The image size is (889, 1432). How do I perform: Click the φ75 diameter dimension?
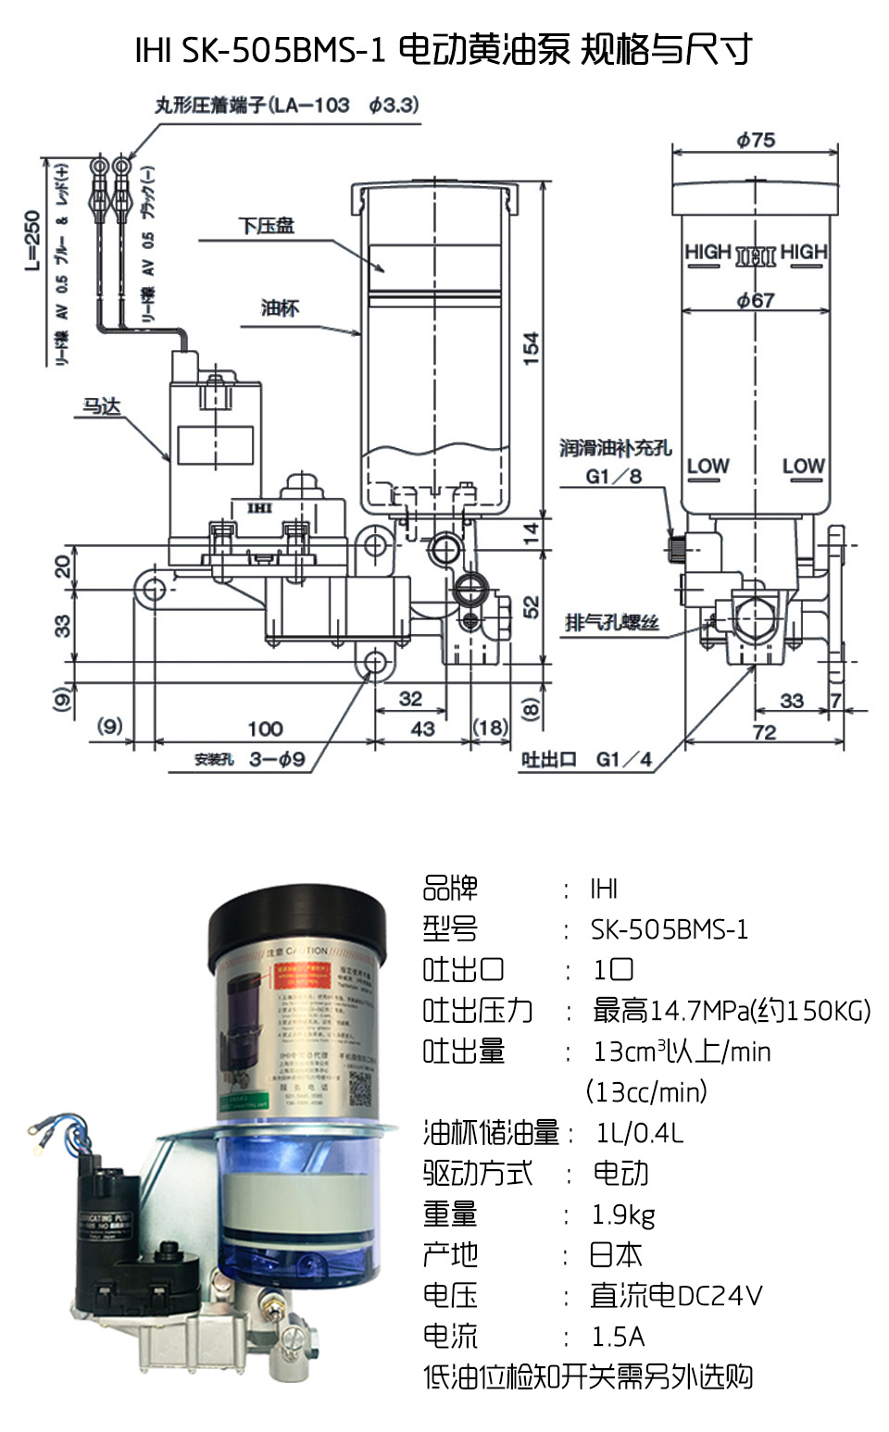pos(756,141)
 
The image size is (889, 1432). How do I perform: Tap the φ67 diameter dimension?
pos(756,300)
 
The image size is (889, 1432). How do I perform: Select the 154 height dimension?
pos(531,349)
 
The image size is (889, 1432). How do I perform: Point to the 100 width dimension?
pos(265,728)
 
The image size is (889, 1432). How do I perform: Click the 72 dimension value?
pos(765,732)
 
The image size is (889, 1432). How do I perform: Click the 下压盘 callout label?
pos(266,226)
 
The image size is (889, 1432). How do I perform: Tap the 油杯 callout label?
pos(280,308)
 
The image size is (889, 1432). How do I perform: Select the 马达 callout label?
pos(102,406)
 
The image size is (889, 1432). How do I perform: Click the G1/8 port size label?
pos(613,477)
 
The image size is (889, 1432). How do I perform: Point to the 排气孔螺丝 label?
pos(611,622)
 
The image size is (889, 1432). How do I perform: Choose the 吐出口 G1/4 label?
pos(586,760)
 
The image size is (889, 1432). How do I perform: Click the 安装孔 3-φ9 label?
pos(250,760)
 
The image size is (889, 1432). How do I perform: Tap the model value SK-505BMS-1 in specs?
pos(669,929)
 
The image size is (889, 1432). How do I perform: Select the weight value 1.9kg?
pos(622,1214)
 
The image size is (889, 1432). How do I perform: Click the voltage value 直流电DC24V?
pos(676,1296)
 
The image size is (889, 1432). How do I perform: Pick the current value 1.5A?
pos(618,1337)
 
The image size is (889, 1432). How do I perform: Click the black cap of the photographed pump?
pos(296,920)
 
